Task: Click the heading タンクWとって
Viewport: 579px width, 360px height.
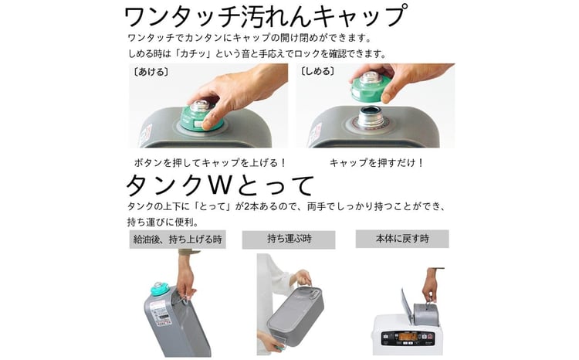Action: pyautogui.click(x=220, y=185)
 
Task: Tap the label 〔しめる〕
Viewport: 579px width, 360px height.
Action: pyautogui.click(x=317, y=71)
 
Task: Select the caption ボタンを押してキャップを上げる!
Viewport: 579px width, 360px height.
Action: pyautogui.click(x=210, y=163)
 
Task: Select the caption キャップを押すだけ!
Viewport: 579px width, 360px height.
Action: pyautogui.click(x=376, y=163)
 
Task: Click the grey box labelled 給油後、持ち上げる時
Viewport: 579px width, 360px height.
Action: pyautogui.click(x=178, y=239)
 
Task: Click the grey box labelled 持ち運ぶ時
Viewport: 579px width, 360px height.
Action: pyautogui.click(x=289, y=239)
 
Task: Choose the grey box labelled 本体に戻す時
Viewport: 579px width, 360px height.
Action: pyautogui.click(x=402, y=239)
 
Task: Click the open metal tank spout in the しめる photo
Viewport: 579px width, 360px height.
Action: pyautogui.click(x=371, y=117)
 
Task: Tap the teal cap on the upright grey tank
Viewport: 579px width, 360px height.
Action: pyautogui.click(x=160, y=288)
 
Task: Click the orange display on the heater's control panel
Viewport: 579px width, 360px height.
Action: pyautogui.click(x=408, y=337)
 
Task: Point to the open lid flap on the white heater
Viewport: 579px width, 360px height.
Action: pyautogui.click(x=406, y=307)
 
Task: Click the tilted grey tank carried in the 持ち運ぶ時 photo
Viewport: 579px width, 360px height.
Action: pyautogui.click(x=296, y=315)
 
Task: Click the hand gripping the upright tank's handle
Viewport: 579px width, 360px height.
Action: pyautogui.click(x=185, y=284)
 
